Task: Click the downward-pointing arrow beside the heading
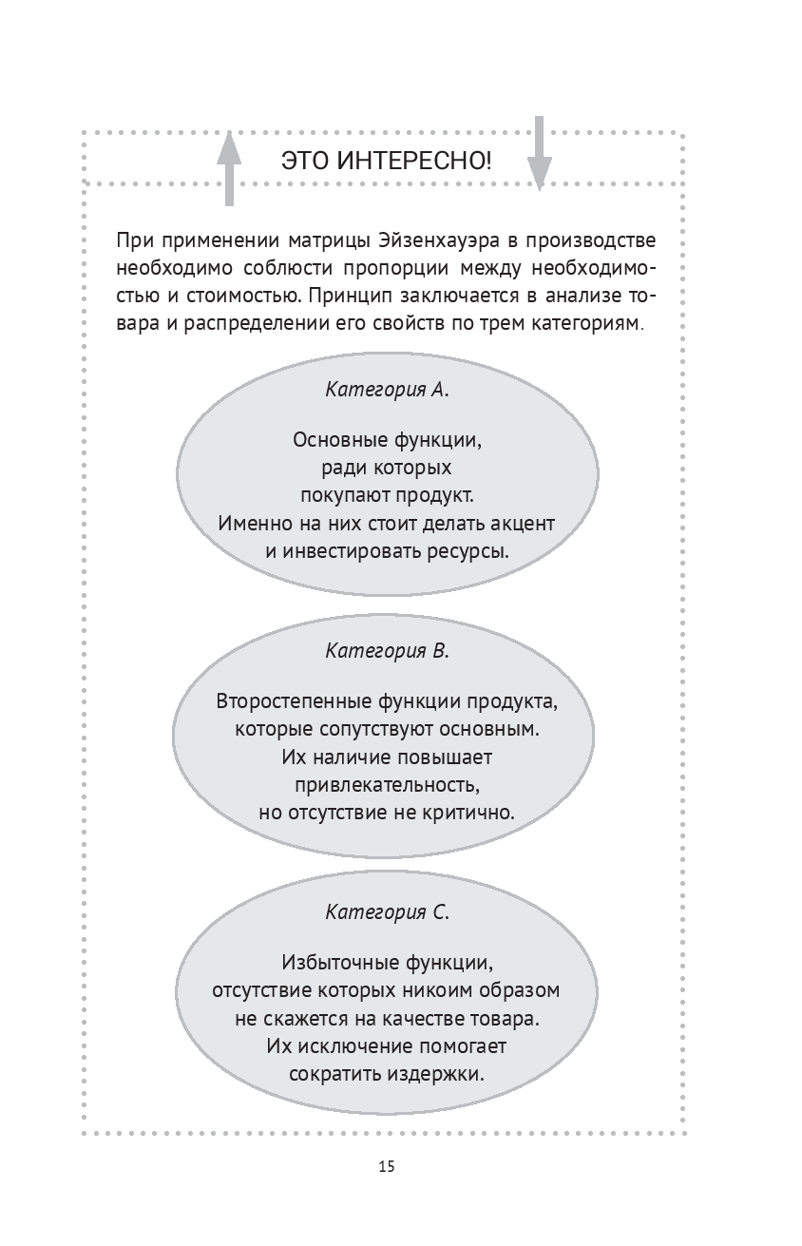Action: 539,152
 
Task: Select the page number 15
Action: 386,1167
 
